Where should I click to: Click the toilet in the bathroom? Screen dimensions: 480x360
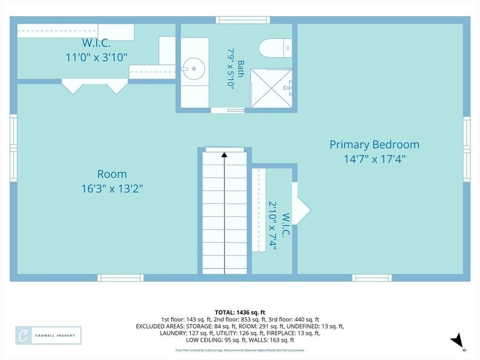click(275, 48)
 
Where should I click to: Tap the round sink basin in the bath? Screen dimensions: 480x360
click(194, 68)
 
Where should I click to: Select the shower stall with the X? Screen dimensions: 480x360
click(271, 88)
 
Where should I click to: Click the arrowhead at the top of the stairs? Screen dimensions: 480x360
click(225, 155)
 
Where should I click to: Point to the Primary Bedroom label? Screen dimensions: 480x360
click(375, 144)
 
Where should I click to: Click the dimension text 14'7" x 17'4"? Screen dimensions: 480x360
click(375, 159)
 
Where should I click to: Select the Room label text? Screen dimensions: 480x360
click(112, 174)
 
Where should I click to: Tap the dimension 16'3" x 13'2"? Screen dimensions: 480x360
click(112, 188)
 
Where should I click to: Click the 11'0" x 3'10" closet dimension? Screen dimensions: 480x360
click(97, 57)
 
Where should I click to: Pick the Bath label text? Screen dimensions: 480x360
click(241, 69)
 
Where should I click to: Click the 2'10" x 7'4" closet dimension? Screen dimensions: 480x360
click(272, 225)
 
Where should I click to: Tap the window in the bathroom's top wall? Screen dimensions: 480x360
click(243, 20)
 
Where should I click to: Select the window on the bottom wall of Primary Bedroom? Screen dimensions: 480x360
click(372, 277)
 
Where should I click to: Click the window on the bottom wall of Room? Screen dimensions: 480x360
click(120, 277)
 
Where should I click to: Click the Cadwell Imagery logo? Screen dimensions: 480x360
click(48, 336)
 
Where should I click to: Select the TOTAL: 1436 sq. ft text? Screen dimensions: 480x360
click(240, 313)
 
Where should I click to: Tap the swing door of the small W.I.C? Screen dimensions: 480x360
click(301, 203)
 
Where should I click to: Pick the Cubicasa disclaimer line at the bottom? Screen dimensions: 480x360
click(240, 350)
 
